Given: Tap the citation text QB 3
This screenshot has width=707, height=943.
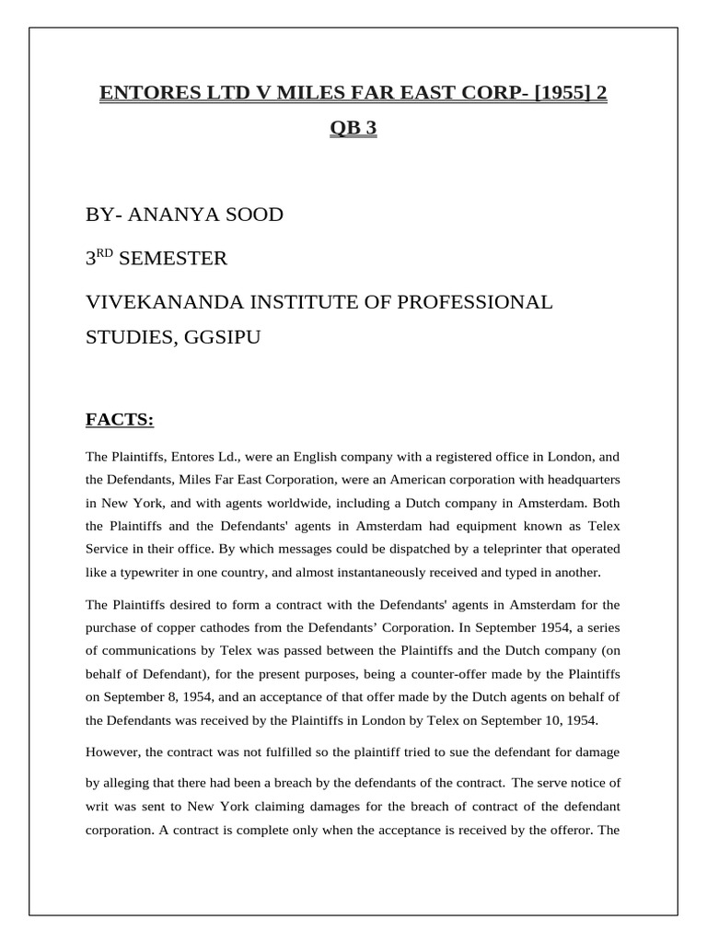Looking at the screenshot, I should (353, 129).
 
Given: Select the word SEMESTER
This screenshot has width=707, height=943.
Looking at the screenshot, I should (173, 259).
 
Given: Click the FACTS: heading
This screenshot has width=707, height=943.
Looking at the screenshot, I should (120, 421).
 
